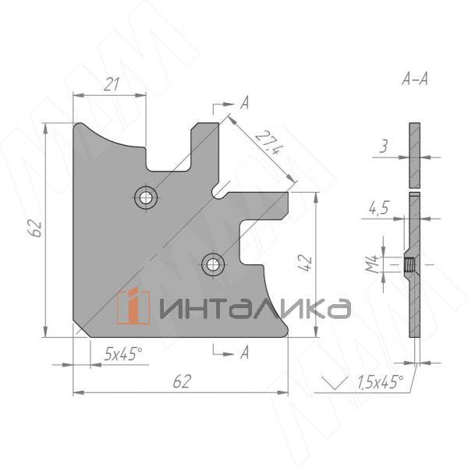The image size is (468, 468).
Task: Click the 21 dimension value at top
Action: coord(112,84)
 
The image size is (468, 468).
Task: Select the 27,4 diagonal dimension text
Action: coord(268,143)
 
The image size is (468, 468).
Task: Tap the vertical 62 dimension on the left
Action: coord(37,228)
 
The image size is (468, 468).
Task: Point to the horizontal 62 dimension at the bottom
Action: coord(182,381)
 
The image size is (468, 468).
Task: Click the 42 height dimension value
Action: coord(307,262)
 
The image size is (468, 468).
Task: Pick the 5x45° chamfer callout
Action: coord(123,353)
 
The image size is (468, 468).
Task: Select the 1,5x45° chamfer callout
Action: coord(381,381)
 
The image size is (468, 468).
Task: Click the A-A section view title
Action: coord(415,79)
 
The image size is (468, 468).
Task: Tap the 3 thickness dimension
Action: coord(384,147)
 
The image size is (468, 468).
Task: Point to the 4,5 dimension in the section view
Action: coord(379,207)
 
